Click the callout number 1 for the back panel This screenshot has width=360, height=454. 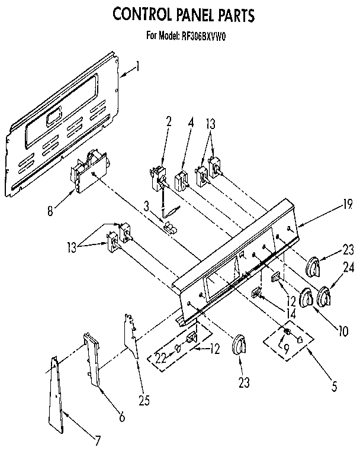click(138, 67)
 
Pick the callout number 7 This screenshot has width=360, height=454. click(98, 440)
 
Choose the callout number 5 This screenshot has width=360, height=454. click(335, 388)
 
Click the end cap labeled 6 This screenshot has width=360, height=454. click(91, 358)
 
